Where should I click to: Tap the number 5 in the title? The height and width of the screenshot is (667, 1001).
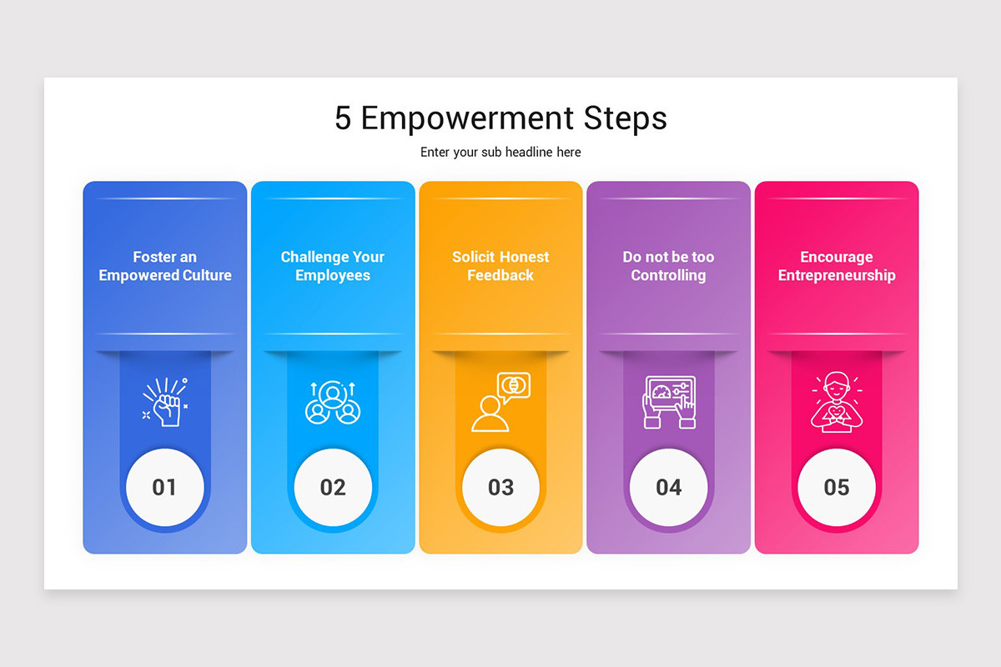pos(343,118)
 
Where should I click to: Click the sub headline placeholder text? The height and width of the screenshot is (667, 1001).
pos(500,152)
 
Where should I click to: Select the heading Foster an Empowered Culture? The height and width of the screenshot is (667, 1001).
pos(165,266)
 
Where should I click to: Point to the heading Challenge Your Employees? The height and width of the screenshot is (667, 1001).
pos(333,266)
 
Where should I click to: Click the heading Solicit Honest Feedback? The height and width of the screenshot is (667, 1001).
pos(500,266)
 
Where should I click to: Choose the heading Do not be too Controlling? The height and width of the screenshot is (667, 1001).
pos(668,266)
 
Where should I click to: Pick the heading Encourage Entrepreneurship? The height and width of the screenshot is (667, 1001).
pos(837,266)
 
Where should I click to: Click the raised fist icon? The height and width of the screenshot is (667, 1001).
pos(165,403)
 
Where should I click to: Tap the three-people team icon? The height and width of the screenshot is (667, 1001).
pos(333,403)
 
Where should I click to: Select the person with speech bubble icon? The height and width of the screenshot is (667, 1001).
pos(500,402)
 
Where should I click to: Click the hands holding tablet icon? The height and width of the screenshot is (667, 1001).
pos(669,403)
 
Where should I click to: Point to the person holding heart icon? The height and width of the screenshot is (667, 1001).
pos(837,403)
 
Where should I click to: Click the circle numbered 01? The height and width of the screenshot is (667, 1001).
pos(165,487)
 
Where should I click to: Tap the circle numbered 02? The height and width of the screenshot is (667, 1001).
pos(333,487)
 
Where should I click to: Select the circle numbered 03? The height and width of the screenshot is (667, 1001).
pos(500,487)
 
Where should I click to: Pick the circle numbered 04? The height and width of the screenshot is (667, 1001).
pos(668,487)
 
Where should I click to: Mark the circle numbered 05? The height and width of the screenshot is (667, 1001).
pos(837,487)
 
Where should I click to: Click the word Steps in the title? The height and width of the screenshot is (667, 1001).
pos(625,118)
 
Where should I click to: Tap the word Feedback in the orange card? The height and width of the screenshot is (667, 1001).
pos(500,275)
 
